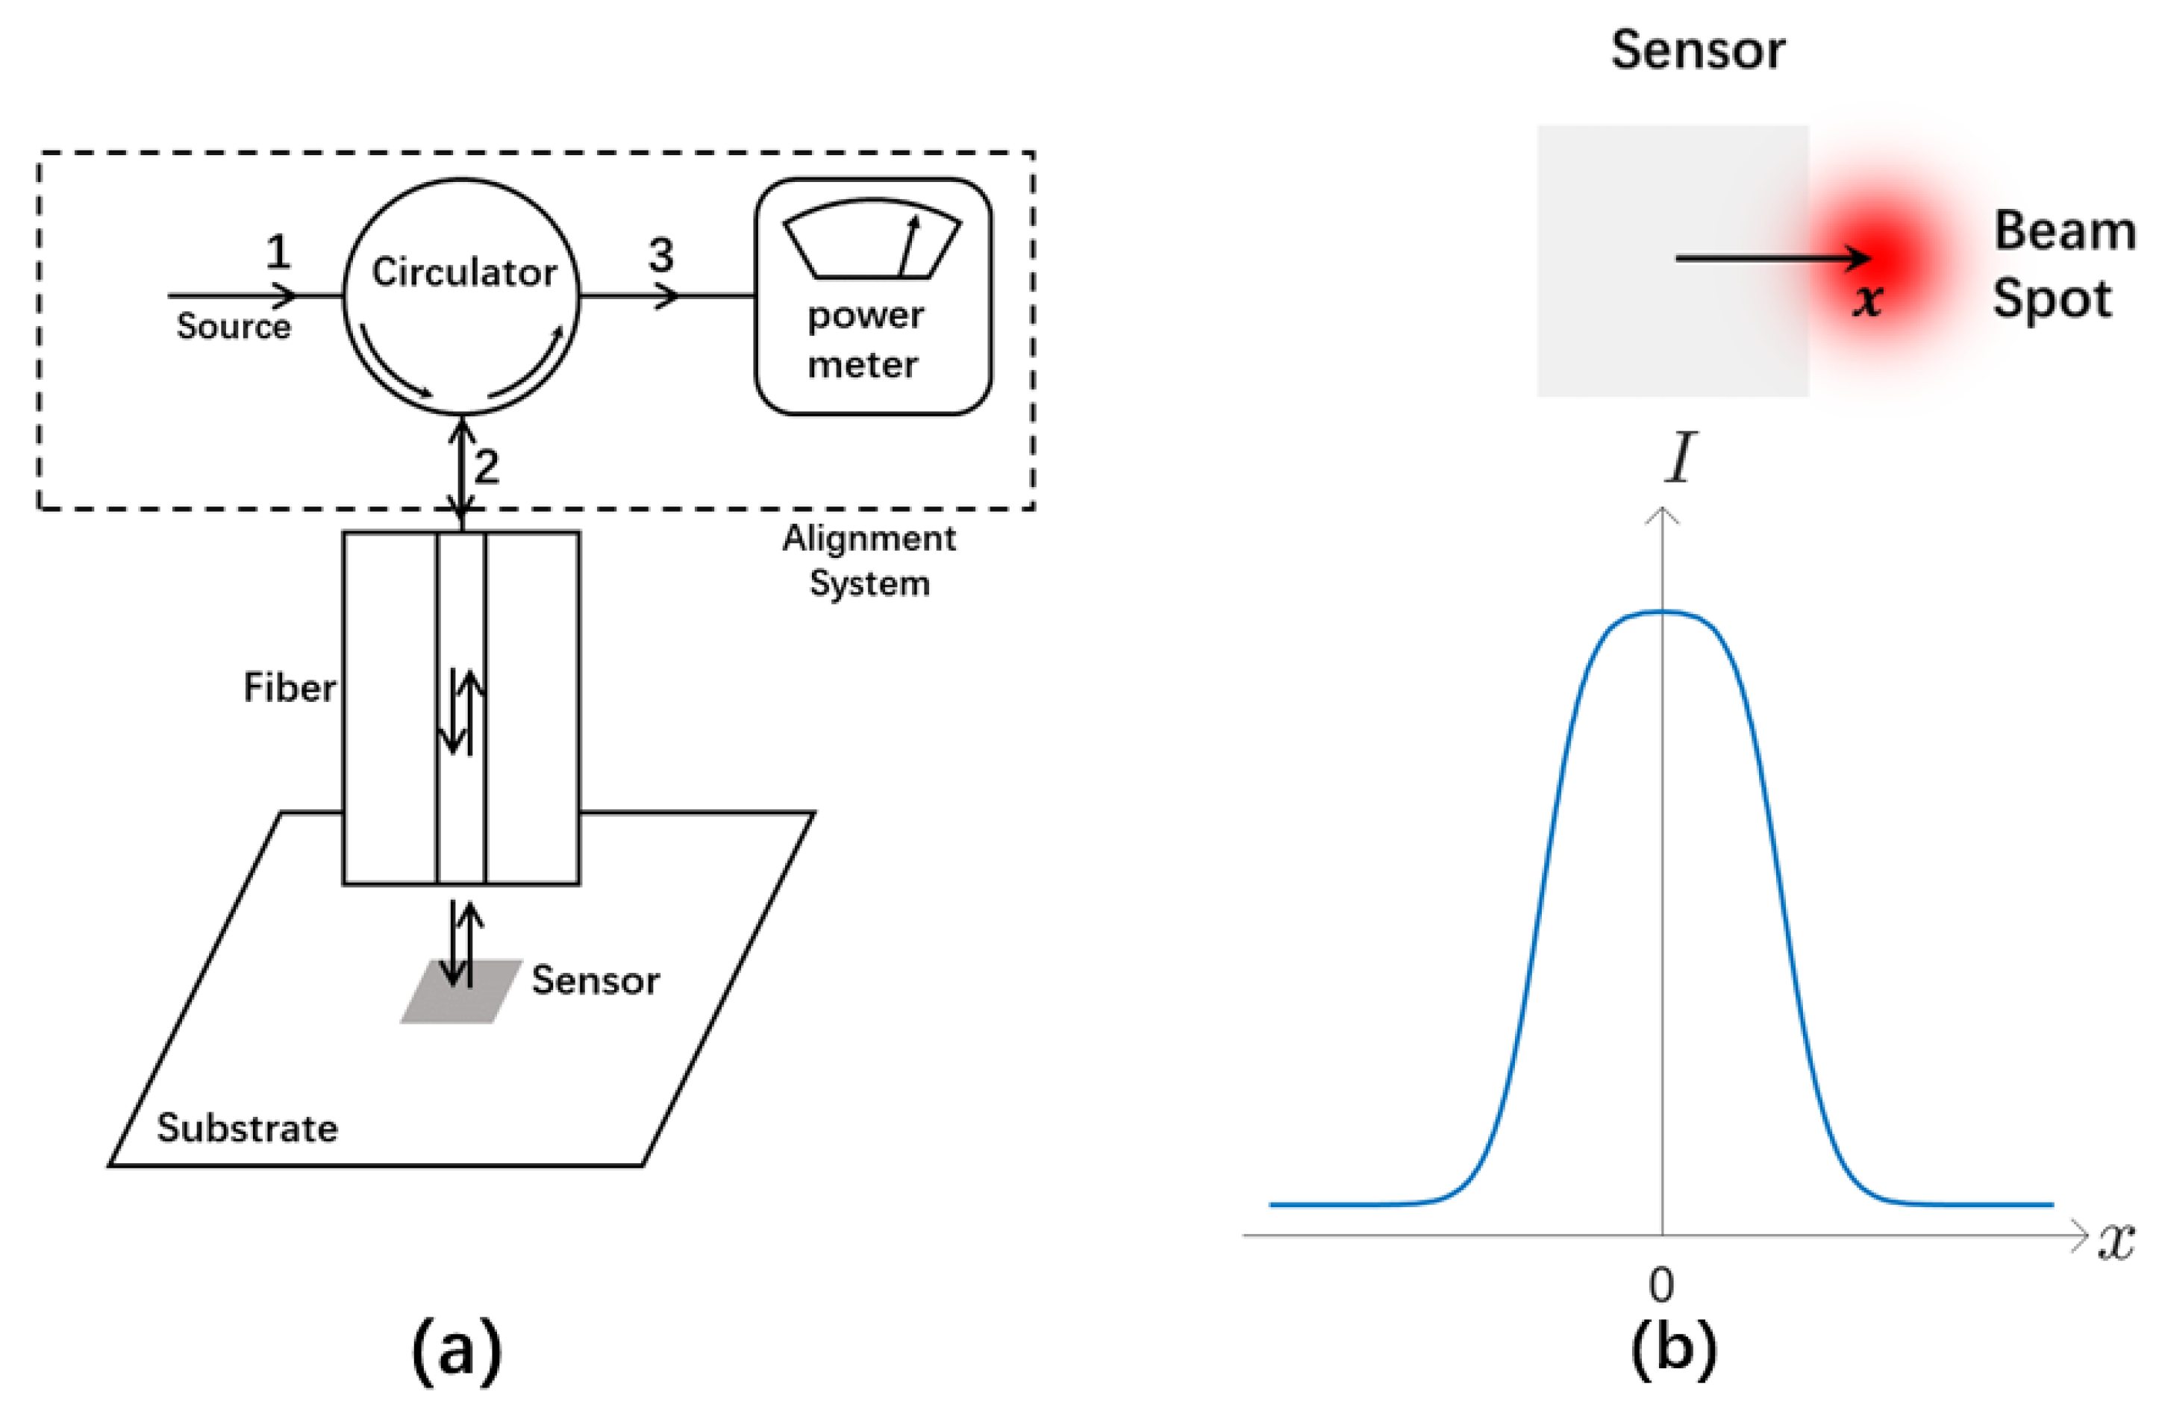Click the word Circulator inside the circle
pos(463,272)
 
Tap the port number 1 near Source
pos(278,251)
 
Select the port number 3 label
pos(661,255)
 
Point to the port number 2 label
pos(487,467)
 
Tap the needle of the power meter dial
pos(908,245)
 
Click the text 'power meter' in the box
pos(864,340)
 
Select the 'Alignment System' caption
pos(868,560)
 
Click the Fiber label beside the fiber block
pos(290,687)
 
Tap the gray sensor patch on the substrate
pos(460,991)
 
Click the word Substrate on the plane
pos(247,1128)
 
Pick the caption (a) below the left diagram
pos(456,1350)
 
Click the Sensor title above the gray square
pos(1697,50)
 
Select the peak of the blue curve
pos(1662,612)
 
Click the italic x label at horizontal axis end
pos(2116,1241)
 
